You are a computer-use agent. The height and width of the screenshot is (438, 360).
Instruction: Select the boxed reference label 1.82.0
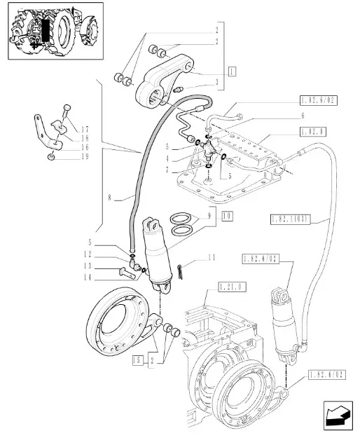(x=313, y=132)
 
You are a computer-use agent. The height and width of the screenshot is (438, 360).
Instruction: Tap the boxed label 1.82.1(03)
(x=290, y=219)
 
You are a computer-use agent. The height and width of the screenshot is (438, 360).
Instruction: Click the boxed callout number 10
(x=228, y=217)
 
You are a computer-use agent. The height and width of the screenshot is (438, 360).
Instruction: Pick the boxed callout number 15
(x=137, y=360)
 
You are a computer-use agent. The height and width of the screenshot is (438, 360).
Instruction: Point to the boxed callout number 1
(x=232, y=71)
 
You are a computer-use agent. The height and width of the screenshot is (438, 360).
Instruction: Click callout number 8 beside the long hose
(x=110, y=198)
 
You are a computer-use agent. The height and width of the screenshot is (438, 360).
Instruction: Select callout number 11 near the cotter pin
(x=212, y=257)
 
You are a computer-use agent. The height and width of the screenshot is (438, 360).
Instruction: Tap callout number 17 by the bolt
(x=85, y=130)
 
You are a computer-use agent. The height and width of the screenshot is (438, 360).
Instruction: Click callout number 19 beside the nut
(x=85, y=156)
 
